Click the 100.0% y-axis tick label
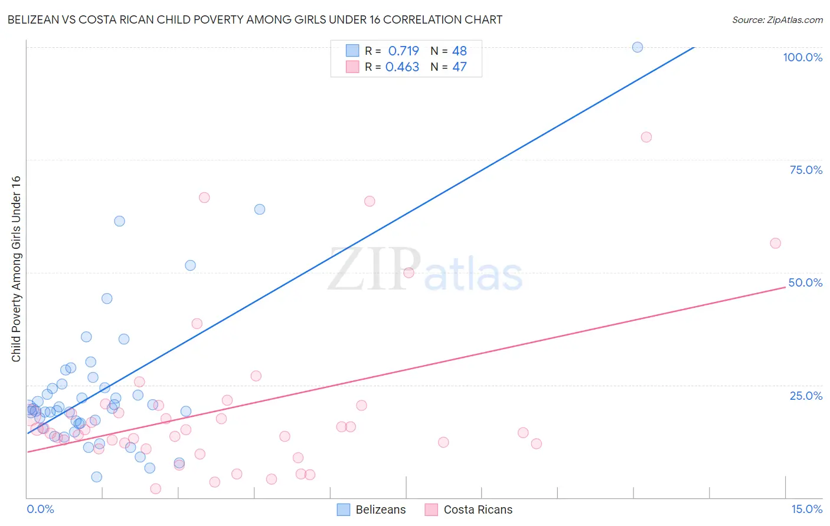coord(802,57)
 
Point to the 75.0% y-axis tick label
coord(806,170)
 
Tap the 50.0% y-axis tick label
coord(805,282)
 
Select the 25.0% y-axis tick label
coord(806,396)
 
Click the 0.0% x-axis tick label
coord(40,509)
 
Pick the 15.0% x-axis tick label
coord(806,509)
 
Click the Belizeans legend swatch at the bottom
coord(344,509)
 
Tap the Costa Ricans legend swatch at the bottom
coord(432,509)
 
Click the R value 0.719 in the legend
coord(403,51)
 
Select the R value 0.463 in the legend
coord(402,67)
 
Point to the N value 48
coord(459,51)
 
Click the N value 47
coord(459,67)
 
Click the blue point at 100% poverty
coord(638,47)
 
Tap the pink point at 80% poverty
coord(646,137)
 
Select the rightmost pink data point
coord(776,244)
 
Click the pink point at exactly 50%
coord(409,272)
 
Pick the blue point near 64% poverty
coord(260,209)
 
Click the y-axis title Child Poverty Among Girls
coord(16,269)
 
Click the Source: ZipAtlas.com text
coord(777,19)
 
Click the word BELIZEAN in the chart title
coord(36,19)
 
